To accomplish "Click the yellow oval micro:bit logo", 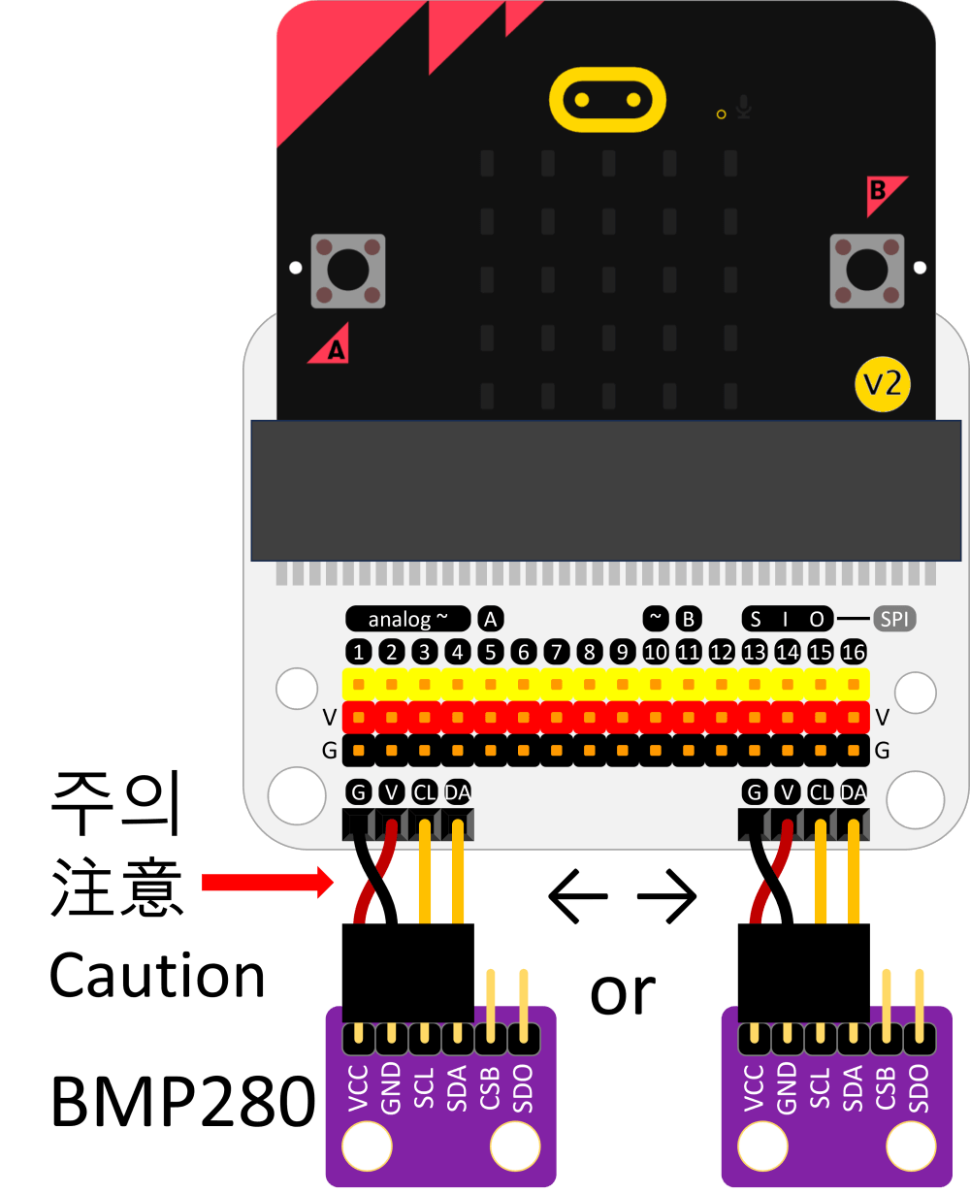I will [x=608, y=99].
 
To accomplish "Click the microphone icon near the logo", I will [x=744, y=106].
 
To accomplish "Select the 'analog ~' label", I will [x=408, y=619].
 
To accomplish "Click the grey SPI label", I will [x=894, y=619].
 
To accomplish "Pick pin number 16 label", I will [x=854, y=652].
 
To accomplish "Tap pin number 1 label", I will [x=359, y=652].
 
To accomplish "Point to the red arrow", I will [x=268, y=883].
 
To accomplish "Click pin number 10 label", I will [x=656, y=652].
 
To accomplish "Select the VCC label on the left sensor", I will [x=359, y=1088].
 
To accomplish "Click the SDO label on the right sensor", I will [x=919, y=1088].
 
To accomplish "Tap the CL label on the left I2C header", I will [x=424, y=792].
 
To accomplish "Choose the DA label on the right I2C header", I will [x=854, y=792].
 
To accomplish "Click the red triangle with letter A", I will [x=331, y=346].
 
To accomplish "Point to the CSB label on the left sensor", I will [x=491, y=1088].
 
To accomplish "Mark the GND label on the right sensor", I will [x=787, y=1088].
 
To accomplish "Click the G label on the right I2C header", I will [x=754, y=792].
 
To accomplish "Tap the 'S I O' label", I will [x=787, y=619].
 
